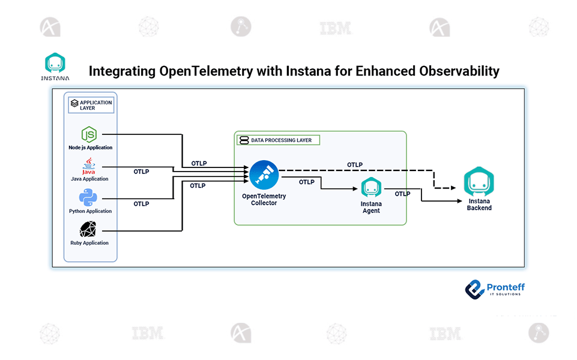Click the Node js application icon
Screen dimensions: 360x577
coord(89,134)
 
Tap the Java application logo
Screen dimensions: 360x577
coord(89,166)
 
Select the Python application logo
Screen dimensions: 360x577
coord(88,198)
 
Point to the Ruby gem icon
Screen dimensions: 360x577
coord(89,230)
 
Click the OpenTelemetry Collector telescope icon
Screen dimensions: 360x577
coord(264,175)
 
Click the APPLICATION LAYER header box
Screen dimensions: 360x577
coord(92,105)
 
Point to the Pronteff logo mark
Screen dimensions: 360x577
coord(475,289)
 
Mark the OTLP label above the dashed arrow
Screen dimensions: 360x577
coord(355,164)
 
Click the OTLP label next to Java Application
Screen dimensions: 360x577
coord(141,172)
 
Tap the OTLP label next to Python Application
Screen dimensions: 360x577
coord(141,204)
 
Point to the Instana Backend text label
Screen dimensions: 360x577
coord(479,205)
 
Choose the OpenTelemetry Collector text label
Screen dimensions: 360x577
coord(264,199)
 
